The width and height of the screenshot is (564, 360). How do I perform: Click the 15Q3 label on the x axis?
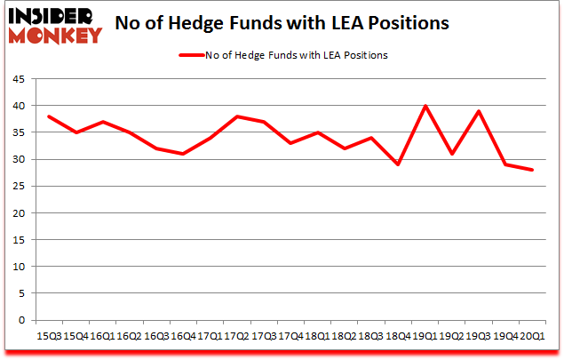[x=50, y=336]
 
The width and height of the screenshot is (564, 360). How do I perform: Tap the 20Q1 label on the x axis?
[x=532, y=336]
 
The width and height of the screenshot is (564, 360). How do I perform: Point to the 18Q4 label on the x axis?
[x=398, y=336]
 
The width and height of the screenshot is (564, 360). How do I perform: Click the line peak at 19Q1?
[x=425, y=106]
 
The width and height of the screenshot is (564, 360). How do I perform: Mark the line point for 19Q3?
[x=479, y=111]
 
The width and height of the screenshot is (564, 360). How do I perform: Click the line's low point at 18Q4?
[x=398, y=164]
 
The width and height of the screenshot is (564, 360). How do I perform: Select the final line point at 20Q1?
[x=532, y=170]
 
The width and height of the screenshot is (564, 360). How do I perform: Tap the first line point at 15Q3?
[x=50, y=116]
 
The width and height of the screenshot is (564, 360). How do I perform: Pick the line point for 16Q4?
[x=184, y=154]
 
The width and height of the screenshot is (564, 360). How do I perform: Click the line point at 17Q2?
[x=237, y=116]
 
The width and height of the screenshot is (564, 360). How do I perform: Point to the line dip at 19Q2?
[x=452, y=154]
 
